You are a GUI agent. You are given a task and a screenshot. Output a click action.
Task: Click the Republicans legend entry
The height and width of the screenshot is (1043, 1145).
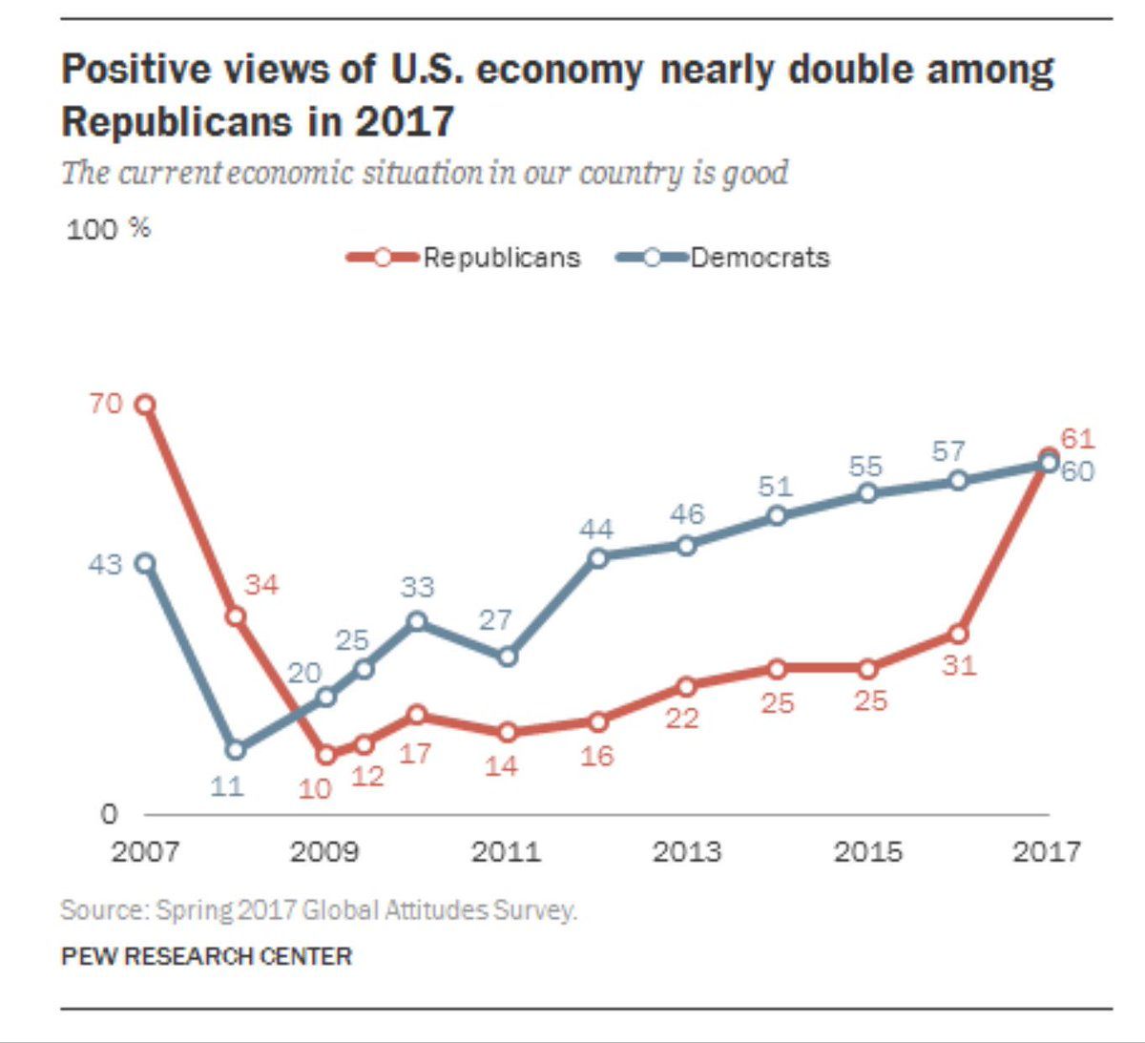[x=464, y=258]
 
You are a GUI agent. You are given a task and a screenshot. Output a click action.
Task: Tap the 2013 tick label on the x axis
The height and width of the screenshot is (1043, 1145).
[x=686, y=850]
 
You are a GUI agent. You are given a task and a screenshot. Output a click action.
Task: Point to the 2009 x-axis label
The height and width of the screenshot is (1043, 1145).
[x=324, y=850]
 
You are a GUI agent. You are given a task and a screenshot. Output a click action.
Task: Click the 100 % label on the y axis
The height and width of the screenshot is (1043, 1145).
[x=108, y=229]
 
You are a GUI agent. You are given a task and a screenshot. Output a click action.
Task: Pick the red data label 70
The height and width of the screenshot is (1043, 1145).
[x=106, y=404]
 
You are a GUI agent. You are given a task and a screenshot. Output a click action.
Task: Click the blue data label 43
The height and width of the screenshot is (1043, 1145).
[x=105, y=564]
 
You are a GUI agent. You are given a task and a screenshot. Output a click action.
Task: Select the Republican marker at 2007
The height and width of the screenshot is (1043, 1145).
[x=145, y=405]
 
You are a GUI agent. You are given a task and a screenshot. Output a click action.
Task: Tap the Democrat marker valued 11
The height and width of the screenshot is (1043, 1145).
[x=235, y=750]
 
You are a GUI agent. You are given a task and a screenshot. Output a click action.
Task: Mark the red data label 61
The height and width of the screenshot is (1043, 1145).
[x=1077, y=439]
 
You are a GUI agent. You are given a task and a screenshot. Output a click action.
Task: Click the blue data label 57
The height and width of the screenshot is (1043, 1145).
[x=948, y=450]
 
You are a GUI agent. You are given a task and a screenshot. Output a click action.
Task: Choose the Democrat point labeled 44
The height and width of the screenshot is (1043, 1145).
[x=598, y=557]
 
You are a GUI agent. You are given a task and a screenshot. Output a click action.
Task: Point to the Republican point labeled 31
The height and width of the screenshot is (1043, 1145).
[x=958, y=634]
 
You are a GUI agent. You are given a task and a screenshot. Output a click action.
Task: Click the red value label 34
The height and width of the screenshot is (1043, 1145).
[x=261, y=584]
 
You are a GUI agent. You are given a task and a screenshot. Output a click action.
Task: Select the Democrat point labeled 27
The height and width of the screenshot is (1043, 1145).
[x=508, y=657]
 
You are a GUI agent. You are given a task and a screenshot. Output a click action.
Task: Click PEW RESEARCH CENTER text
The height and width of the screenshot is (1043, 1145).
[x=206, y=956]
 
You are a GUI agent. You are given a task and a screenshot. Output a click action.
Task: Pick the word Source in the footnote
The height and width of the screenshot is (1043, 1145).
[x=101, y=909]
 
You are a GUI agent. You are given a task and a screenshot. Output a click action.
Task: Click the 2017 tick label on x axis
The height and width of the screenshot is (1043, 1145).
[x=1047, y=850]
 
